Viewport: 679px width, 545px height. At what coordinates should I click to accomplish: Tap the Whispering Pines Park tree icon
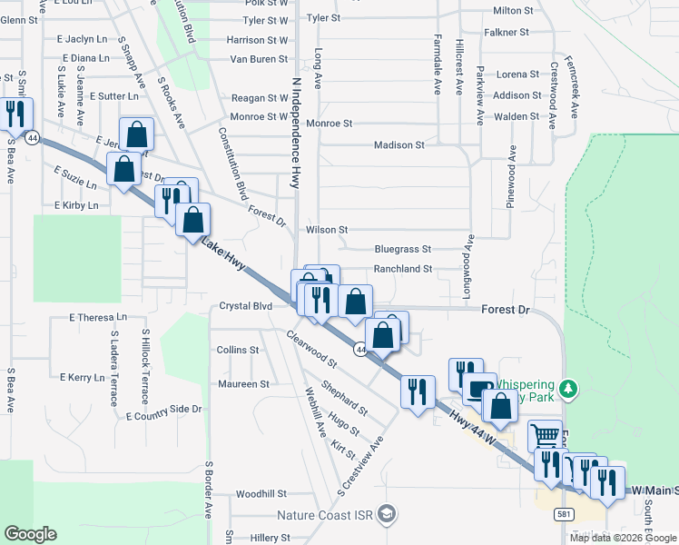pos(569,389)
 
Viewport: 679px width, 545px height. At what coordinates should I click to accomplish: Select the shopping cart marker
pos(545,436)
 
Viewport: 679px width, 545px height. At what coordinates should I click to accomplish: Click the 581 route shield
pos(565,514)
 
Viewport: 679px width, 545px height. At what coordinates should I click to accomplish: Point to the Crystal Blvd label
pos(246,307)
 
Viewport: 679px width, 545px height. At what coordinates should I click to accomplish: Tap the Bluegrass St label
pos(402,249)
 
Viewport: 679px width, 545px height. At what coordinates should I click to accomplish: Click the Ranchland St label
pos(403,270)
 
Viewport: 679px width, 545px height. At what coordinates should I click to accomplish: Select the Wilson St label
pos(327,231)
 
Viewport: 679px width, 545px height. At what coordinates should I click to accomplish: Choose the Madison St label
pos(399,145)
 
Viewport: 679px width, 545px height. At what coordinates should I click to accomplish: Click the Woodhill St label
pos(261,494)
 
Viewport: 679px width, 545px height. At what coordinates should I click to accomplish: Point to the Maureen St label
pos(243,384)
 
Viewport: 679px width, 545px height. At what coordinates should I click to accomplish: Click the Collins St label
pos(238,350)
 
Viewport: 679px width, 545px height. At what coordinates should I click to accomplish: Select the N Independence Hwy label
pos(296,133)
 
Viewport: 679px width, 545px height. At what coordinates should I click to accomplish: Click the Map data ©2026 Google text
pos(623,538)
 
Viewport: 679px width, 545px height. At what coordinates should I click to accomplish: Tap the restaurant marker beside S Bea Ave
pos(15,115)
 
